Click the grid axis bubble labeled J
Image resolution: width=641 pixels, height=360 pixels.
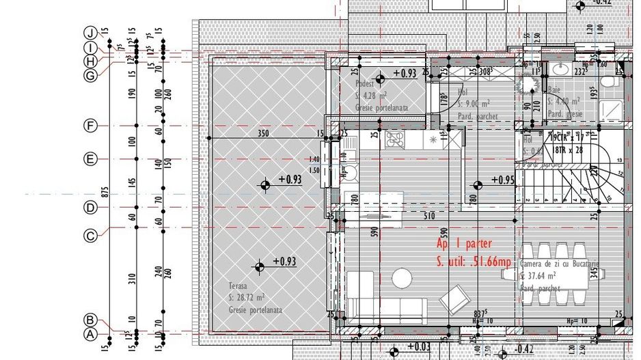click(x=89, y=33)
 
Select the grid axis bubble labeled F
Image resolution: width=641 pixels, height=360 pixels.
click(x=89, y=126)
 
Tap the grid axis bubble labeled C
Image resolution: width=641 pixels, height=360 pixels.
click(x=89, y=236)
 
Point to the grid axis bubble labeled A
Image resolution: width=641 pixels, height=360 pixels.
click(x=89, y=335)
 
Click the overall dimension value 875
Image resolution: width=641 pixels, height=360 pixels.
click(x=105, y=192)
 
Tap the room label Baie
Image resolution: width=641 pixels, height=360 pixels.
click(x=554, y=89)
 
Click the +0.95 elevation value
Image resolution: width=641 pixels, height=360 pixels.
click(x=502, y=180)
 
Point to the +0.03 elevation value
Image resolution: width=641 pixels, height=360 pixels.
click(x=418, y=347)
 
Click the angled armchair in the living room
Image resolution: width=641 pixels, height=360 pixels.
click(x=452, y=299)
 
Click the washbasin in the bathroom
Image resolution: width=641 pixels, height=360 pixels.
click(x=561, y=68)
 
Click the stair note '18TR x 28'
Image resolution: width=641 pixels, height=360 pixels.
click(x=563, y=149)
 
